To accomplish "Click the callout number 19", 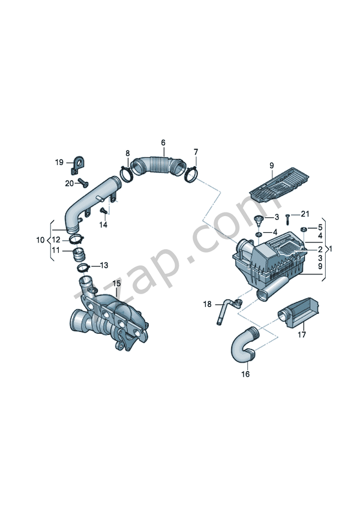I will point(59,163).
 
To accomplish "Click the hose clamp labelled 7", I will point(191,174).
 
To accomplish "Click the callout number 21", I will point(305,214).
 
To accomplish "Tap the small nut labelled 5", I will point(304,229).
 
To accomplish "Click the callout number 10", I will point(40,240).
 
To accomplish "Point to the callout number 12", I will point(55,240).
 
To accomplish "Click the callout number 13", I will point(104,265).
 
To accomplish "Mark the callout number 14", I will point(103,224).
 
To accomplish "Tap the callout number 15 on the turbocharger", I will point(116,283).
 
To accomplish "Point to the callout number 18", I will point(207,304).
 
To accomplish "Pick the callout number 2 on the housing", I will point(320,249).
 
